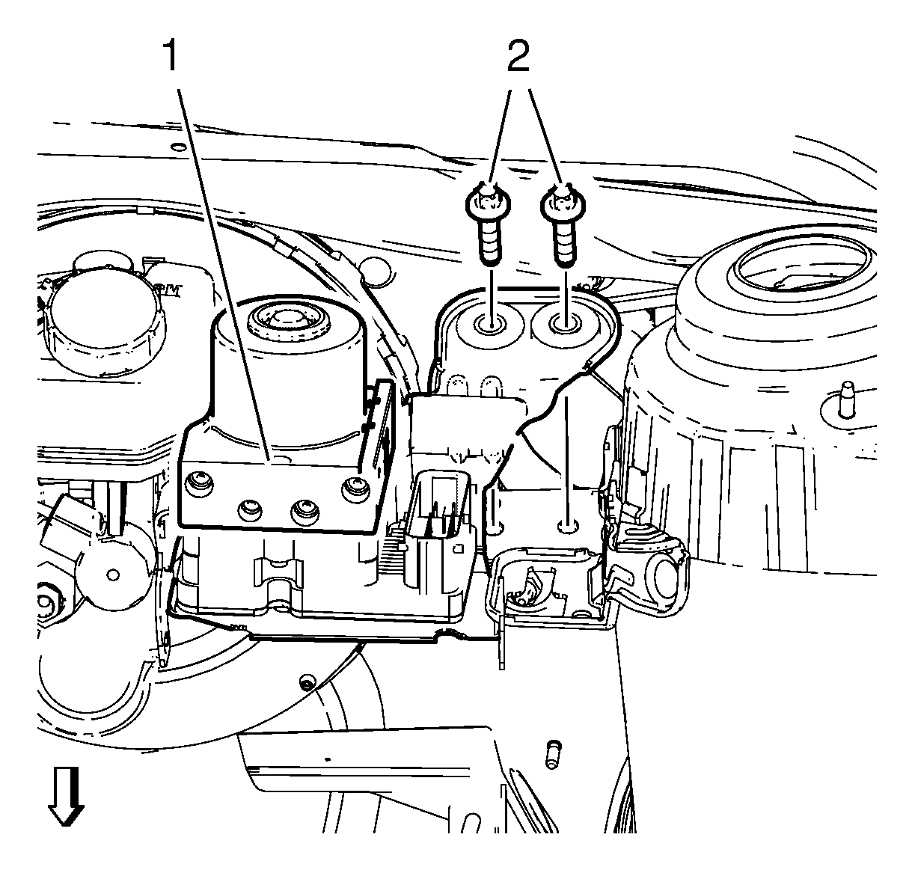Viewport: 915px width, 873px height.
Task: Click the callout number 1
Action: pyautogui.click(x=171, y=56)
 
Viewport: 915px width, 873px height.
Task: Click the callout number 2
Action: pyautogui.click(x=518, y=56)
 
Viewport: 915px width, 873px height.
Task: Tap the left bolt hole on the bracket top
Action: pyautogui.click(x=491, y=325)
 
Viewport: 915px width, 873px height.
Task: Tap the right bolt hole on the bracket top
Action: pyautogui.click(x=563, y=324)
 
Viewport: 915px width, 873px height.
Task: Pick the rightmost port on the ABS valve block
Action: pyautogui.click(x=354, y=491)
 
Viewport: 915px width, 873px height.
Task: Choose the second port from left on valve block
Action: pyautogui.click(x=249, y=510)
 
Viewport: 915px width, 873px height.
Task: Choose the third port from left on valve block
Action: pyautogui.click(x=303, y=510)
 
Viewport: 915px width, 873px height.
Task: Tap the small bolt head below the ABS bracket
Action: pyautogui.click(x=305, y=684)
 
